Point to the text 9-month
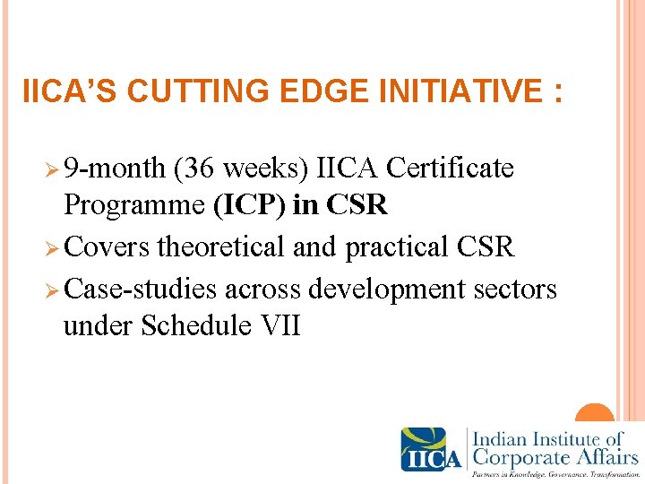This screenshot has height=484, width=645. click(116, 169)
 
